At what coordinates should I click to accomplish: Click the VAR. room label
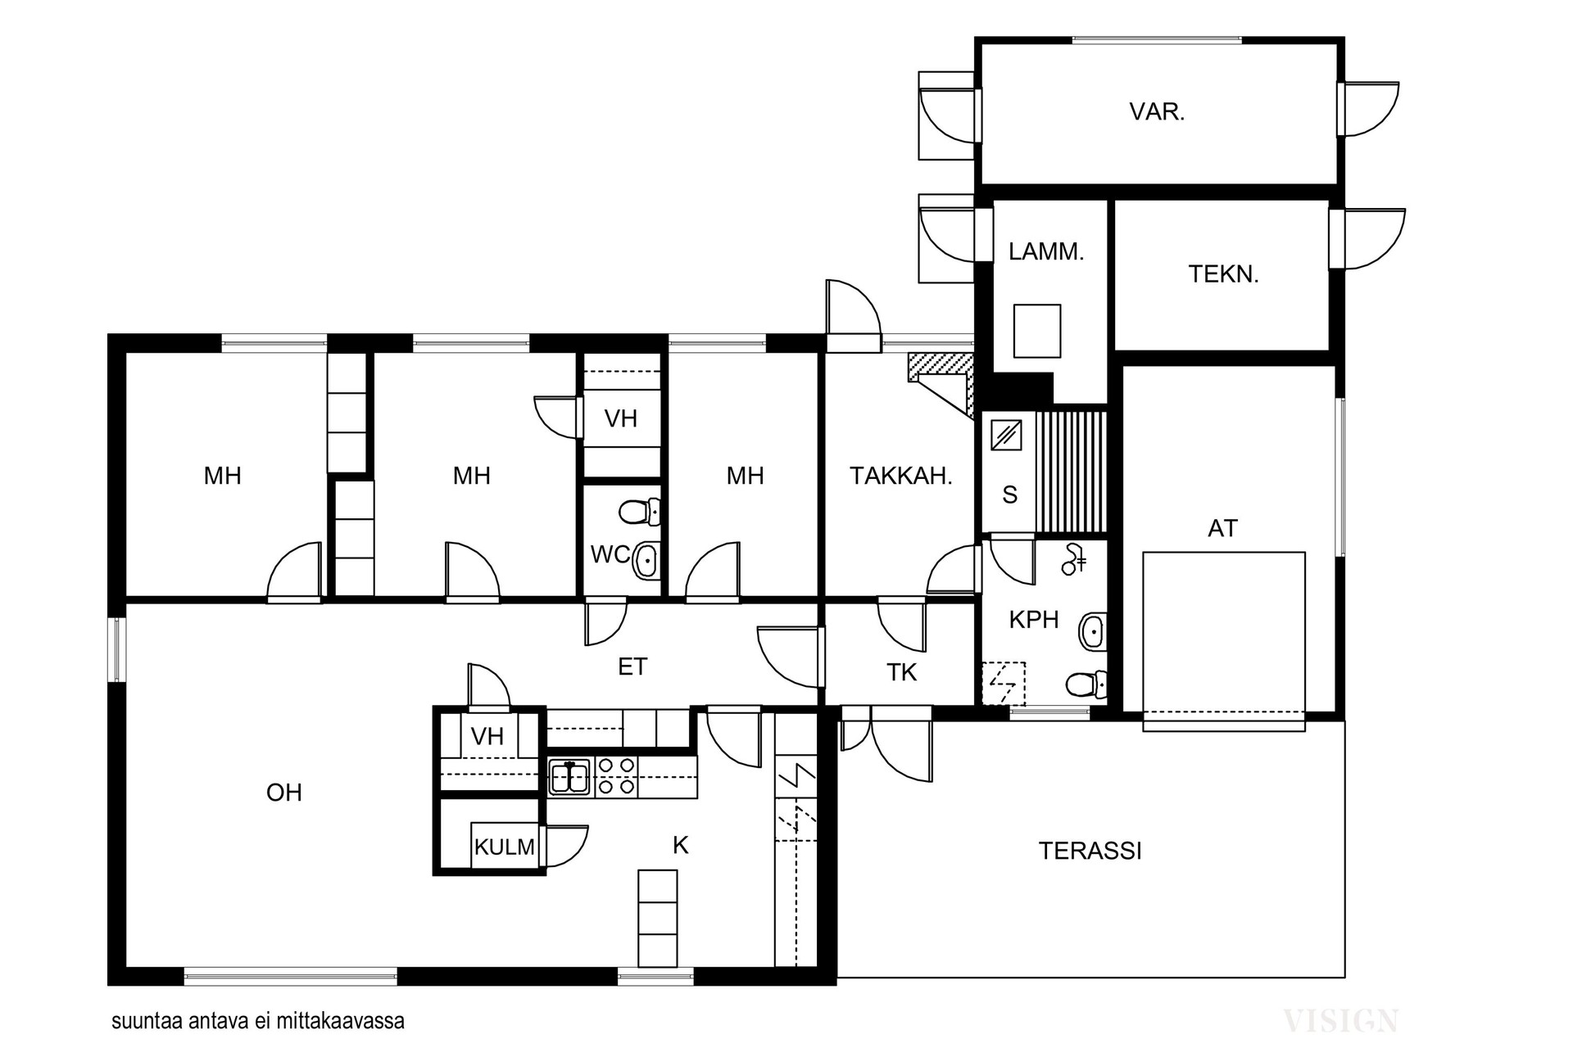(1157, 111)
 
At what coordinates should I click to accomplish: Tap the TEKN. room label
(1223, 273)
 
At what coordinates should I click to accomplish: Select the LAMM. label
(1046, 251)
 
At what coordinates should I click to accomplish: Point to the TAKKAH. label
(900, 476)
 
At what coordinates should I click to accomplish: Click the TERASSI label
(1090, 851)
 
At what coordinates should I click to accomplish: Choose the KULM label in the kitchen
(504, 847)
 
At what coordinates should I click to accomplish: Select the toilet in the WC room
(639, 513)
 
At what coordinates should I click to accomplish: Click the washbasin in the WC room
(647, 561)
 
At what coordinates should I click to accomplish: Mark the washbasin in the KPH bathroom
(1093, 631)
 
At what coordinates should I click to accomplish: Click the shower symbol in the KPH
(1074, 558)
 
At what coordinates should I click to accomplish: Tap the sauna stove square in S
(1005, 434)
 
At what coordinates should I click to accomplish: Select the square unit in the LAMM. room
(1037, 331)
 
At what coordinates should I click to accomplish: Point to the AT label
(1222, 529)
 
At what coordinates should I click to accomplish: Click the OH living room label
(284, 793)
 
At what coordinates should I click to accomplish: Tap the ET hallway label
(632, 667)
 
